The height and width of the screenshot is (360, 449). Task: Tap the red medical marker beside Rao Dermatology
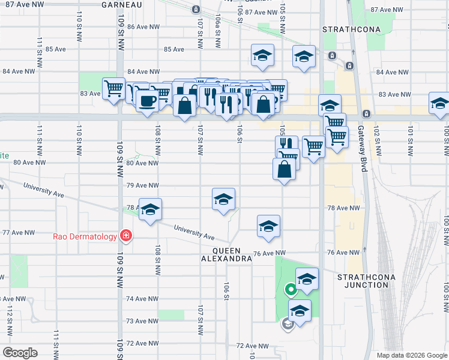coord(125,236)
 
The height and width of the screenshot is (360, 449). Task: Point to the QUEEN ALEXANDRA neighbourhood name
coord(226,254)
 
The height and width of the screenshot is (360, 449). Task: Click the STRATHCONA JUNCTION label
coord(363,281)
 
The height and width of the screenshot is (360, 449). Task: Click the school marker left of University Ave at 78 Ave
coord(150,208)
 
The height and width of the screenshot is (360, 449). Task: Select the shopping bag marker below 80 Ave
coord(285,169)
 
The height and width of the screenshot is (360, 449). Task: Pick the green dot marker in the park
coord(291,290)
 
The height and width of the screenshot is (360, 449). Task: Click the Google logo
coord(20,353)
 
